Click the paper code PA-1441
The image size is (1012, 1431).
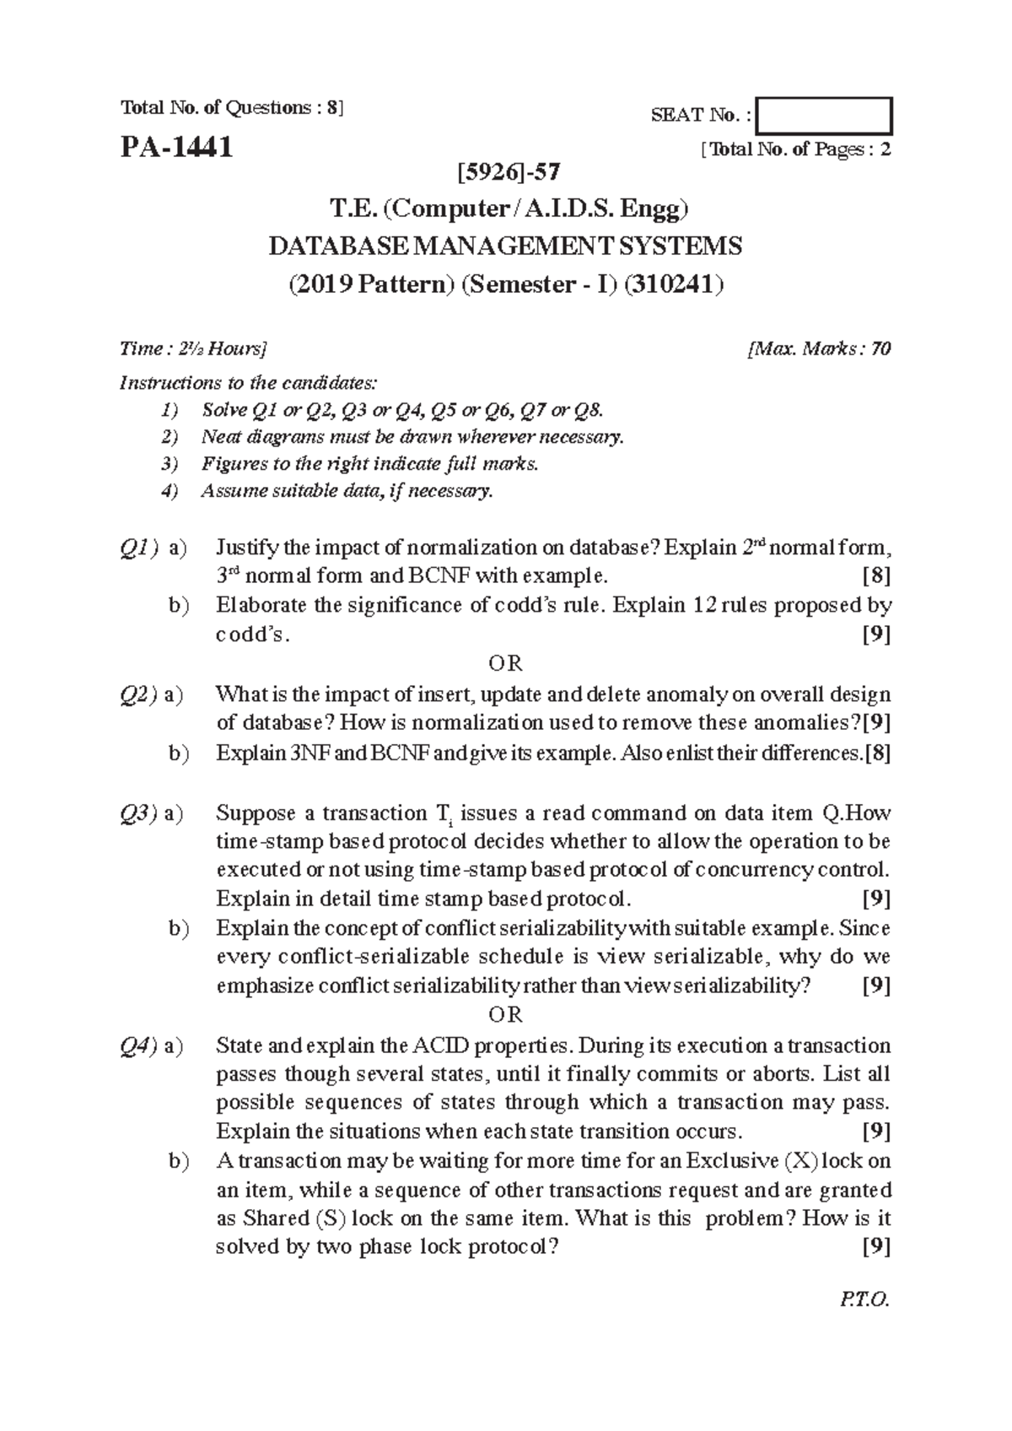tap(176, 148)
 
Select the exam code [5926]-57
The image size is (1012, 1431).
tap(506, 173)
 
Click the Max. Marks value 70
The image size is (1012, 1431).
tap(880, 348)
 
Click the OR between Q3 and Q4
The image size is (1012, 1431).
tap(506, 1015)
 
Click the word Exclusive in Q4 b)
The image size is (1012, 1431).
tap(732, 1161)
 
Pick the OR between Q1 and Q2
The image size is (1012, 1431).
tap(506, 663)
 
